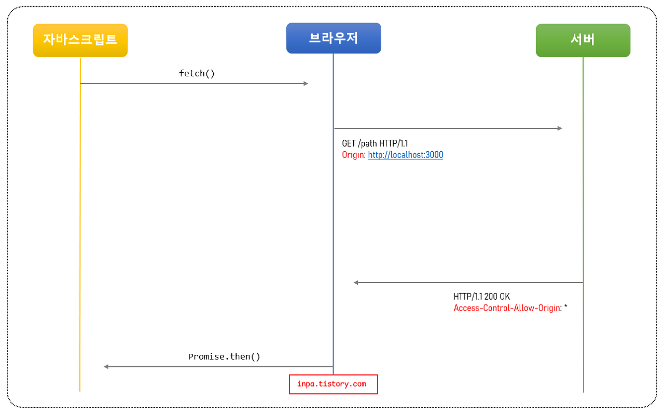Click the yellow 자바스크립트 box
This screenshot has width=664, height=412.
[x=80, y=40]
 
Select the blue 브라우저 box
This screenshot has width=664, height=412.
[x=334, y=38]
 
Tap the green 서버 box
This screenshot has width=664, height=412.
[x=583, y=40]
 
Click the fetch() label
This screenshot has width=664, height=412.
[x=197, y=73]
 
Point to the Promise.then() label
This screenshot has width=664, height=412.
[x=224, y=356]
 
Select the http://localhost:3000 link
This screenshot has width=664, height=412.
[x=405, y=155]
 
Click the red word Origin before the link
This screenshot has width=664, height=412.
[x=353, y=155]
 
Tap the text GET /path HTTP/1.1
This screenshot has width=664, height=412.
[x=375, y=143]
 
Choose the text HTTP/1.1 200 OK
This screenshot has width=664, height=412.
[x=481, y=297]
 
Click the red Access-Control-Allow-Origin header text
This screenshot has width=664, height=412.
[x=507, y=308]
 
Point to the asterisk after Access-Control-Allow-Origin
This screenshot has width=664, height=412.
[x=566, y=307]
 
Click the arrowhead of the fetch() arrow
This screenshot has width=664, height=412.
[x=306, y=83]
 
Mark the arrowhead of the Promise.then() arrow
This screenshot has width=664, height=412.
[x=106, y=367]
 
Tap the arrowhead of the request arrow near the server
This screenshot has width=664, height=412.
[x=559, y=128]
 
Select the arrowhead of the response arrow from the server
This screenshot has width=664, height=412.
[x=356, y=283]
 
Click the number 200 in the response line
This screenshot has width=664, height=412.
[x=491, y=297]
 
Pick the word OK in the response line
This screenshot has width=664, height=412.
[x=505, y=297]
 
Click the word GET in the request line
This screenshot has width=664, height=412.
[x=349, y=143]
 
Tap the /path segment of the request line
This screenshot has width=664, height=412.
[x=367, y=143]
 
